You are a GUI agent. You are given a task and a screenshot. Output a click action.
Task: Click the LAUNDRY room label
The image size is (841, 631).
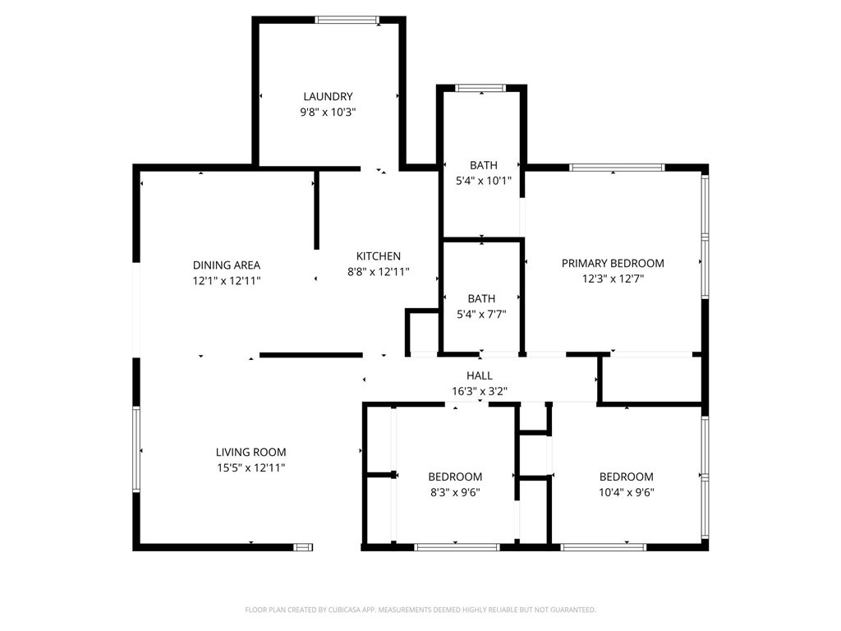pyautogui.click(x=328, y=97)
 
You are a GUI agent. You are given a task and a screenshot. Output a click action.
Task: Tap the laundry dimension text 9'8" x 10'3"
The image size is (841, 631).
pyautogui.click(x=328, y=112)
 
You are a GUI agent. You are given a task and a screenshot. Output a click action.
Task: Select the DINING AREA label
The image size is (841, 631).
pyautogui.click(x=227, y=265)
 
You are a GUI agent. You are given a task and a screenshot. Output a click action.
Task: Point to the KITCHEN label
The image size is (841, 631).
pyautogui.click(x=378, y=256)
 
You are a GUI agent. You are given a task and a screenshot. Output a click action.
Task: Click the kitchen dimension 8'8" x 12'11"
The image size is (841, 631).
pyautogui.click(x=378, y=272)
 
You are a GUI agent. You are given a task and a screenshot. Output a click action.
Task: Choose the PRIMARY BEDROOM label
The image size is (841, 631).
pyautogui.click(x=613, y=264)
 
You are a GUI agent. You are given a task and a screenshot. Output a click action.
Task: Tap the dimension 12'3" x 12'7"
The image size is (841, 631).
pyautogui.click(x=613, y=279)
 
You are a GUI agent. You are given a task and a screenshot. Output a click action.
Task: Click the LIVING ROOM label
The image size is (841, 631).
pyautogui.click(x=250, y=453)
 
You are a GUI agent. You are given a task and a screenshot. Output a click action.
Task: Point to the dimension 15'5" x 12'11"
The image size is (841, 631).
pyautogui.click(x=250, y=467)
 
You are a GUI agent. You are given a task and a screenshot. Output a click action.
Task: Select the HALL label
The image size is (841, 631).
pyautogui.click(x=479, y=375)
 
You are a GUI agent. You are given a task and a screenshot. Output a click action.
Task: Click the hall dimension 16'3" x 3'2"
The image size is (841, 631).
pyautogui.click(x=479, y=391)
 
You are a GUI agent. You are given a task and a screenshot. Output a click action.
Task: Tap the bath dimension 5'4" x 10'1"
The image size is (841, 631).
pyautogui.click(x=483, y=181)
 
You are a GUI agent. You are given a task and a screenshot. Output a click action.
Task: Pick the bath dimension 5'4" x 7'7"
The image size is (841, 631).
pyautogui.click(x=481, y=315)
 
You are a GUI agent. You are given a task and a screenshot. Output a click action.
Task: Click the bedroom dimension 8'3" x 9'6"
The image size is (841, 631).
pyautogui.click(x=455, y=492)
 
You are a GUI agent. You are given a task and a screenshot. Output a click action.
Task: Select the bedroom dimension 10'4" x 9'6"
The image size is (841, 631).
pyautogui.click(x=626, y=492)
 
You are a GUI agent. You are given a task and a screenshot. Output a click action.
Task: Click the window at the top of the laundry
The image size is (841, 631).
pyautogui.click(x=347, y=21)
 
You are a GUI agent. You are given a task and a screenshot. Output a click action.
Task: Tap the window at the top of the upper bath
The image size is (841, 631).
pyautogui.click(x=480, y=88)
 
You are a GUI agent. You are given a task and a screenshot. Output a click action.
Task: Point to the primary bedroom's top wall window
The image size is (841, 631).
pyautogui.click(x=617, y=168)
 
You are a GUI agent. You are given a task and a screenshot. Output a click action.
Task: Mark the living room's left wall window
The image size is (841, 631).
pyautogui.click(x=136, y=449)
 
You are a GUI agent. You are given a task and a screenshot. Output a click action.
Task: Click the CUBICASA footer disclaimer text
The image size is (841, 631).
pyautogui.click(x=420, y=610)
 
